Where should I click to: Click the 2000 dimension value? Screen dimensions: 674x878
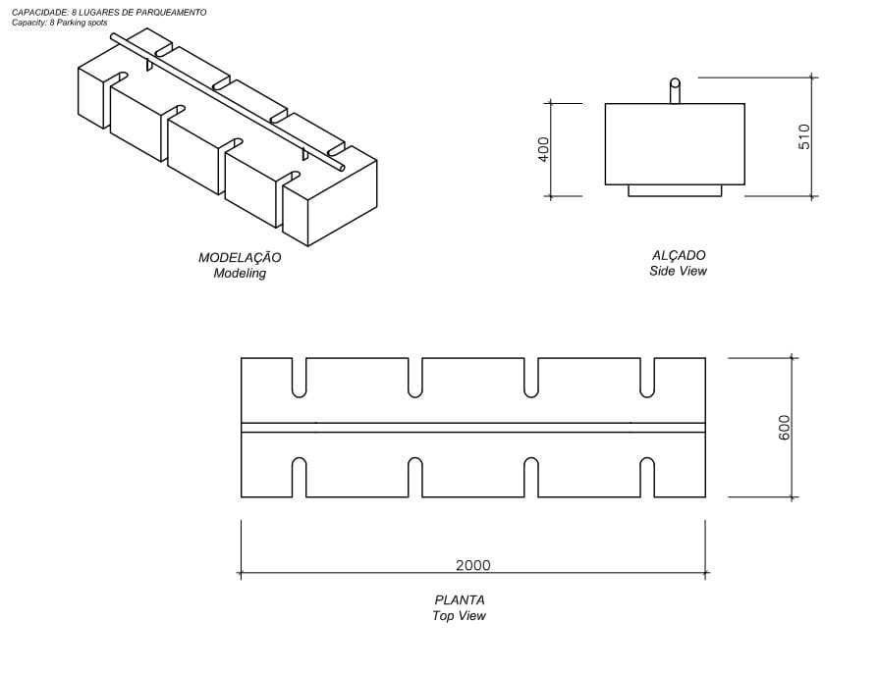472,565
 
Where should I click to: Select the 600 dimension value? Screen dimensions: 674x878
784,427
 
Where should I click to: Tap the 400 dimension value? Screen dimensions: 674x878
544,149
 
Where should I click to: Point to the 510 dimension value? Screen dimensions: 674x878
804,135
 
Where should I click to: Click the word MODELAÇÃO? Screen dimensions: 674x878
240,258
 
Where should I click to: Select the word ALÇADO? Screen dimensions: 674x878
678,255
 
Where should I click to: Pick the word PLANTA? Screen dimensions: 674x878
460,600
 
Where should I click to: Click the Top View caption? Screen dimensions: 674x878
459,616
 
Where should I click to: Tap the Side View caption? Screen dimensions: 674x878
678,271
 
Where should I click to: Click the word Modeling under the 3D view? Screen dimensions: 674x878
240,274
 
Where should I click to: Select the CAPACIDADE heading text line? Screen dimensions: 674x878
109,12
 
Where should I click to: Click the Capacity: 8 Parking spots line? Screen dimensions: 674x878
59,22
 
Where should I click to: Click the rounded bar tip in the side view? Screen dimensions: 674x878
675,83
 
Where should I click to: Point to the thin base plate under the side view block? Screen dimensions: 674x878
675,190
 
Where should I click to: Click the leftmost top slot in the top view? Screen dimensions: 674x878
300,377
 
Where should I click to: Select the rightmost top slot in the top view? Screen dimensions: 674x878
647,377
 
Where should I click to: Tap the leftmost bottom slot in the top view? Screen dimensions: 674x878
300,478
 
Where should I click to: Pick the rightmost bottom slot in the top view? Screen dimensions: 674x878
647,478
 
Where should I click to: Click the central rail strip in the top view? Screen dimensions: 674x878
472,428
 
